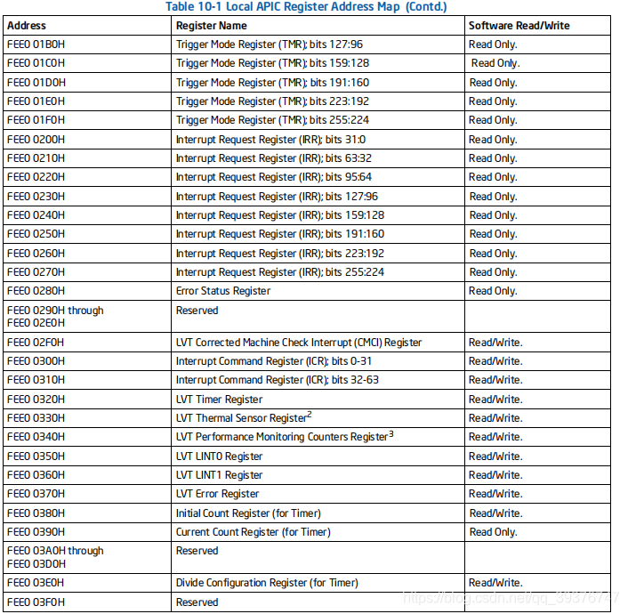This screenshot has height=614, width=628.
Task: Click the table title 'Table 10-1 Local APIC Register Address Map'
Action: (306, 7)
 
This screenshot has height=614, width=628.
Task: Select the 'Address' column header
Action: (27, 26)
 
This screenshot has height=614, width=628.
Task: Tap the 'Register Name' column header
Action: (212, 26)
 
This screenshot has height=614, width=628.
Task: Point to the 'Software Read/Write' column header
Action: (519, 26)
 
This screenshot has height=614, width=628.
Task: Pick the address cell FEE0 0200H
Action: (36, 140)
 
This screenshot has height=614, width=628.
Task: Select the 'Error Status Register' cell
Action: (223, 291)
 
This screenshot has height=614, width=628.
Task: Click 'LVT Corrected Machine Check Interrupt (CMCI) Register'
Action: (299, 343)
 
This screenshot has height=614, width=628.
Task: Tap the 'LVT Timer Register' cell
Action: (219, 400)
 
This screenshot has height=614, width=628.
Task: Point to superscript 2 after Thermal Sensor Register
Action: (310, 415)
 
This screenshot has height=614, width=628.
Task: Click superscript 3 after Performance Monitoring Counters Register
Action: (390, 433)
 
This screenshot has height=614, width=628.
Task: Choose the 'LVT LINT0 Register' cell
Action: (219, 456)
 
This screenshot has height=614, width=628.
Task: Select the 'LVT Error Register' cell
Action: (218, 494)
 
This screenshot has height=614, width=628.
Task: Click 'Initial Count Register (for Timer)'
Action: (248, 513)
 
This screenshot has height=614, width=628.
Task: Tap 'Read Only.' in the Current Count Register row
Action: (493, 532)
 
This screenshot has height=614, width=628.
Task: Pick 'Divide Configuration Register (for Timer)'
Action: (267, 583)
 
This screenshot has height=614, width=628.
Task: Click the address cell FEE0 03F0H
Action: (36, 602)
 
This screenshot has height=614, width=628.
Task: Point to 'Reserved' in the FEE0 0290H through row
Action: (197, 311)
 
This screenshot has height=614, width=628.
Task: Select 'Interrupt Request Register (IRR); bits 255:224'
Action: (280, 272)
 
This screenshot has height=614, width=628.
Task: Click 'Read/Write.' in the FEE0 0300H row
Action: (495, 361)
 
